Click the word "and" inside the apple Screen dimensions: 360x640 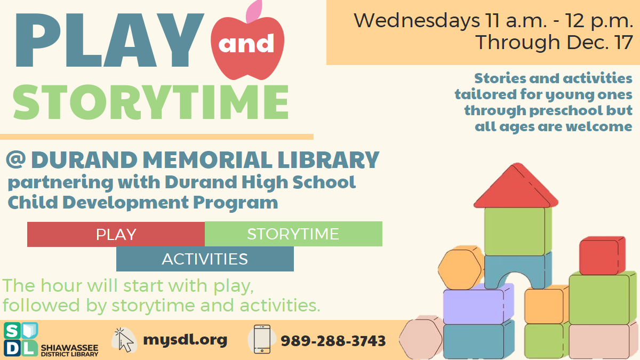point(246,44)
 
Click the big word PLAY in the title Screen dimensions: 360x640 point(109,42)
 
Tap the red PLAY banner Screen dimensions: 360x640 point(116,234)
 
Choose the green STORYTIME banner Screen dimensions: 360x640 point(293,234)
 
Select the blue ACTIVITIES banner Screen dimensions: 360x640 point(205,259)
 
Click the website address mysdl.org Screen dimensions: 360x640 point(185,339)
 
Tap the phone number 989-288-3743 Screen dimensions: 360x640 point(333,340)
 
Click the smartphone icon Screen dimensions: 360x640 point(261,339)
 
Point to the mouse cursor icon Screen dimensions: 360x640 point(124,340)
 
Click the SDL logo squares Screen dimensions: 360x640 point(20,339)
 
